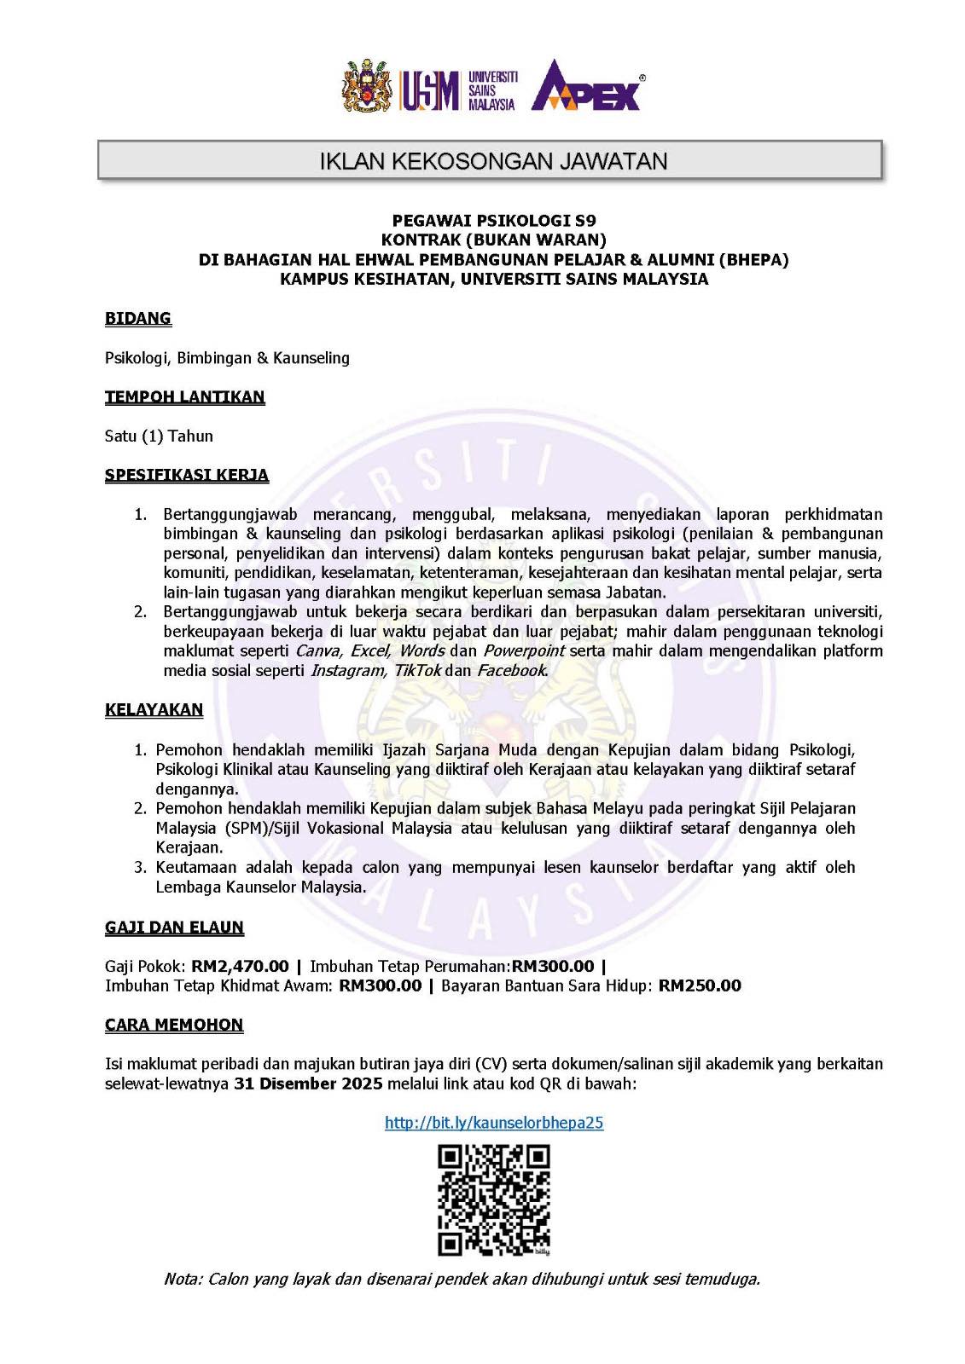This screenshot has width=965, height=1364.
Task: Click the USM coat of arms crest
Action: coord(367,85)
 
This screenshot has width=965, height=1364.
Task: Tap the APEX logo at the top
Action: coord(587,86)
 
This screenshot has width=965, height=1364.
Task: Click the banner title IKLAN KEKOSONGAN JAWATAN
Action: coord(493,161)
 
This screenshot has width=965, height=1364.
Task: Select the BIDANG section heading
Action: coord(138,318)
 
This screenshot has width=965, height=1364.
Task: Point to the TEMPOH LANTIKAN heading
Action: coord(185,396)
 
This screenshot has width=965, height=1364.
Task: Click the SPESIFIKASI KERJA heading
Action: coord(187,475)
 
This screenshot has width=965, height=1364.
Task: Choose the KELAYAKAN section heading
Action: coord(154,709)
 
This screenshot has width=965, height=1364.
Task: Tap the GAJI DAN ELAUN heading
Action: coord(174,927)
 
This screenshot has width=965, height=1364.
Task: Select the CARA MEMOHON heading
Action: coord(174,1025)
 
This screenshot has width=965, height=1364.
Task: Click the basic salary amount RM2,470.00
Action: coord(240,966)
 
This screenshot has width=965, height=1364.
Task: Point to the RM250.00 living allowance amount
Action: coord(700,985)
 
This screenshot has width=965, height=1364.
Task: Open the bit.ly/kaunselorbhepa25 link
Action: coord(494,1123)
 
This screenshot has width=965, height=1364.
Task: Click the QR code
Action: coord(494,1199)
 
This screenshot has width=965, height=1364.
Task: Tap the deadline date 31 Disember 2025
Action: coord(308,1084)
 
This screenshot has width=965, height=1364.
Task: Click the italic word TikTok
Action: coord(417,670)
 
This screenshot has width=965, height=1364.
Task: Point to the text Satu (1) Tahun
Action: coord(159,436)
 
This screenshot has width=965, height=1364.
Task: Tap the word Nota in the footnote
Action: coord(182,1279)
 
